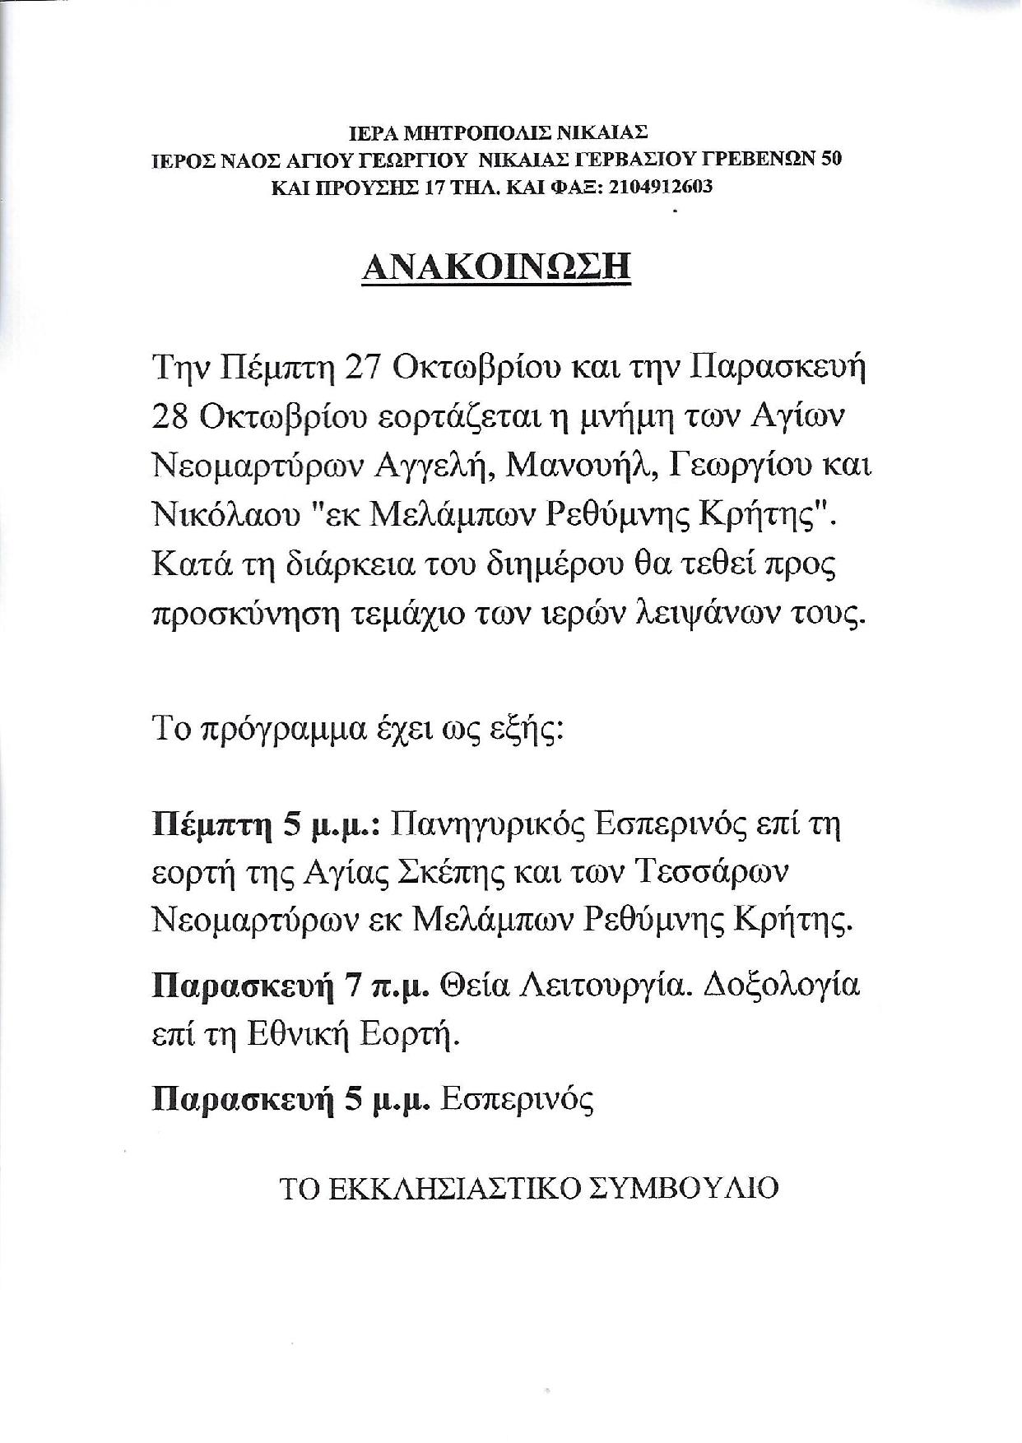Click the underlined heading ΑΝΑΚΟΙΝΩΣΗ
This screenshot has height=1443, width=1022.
tap(496, 267)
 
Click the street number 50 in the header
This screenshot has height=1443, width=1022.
tap(832, 160)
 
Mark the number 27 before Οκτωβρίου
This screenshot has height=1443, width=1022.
tap(363, 369)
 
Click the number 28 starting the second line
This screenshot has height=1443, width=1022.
tap(172, 417)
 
